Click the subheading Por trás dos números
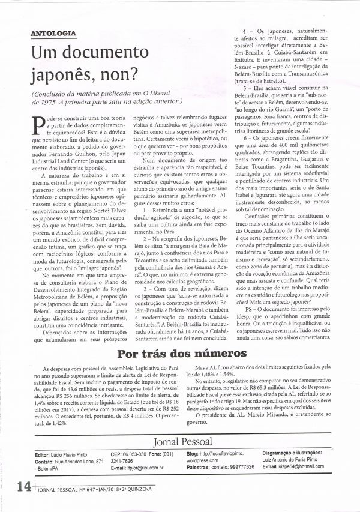tap(180, 353)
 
